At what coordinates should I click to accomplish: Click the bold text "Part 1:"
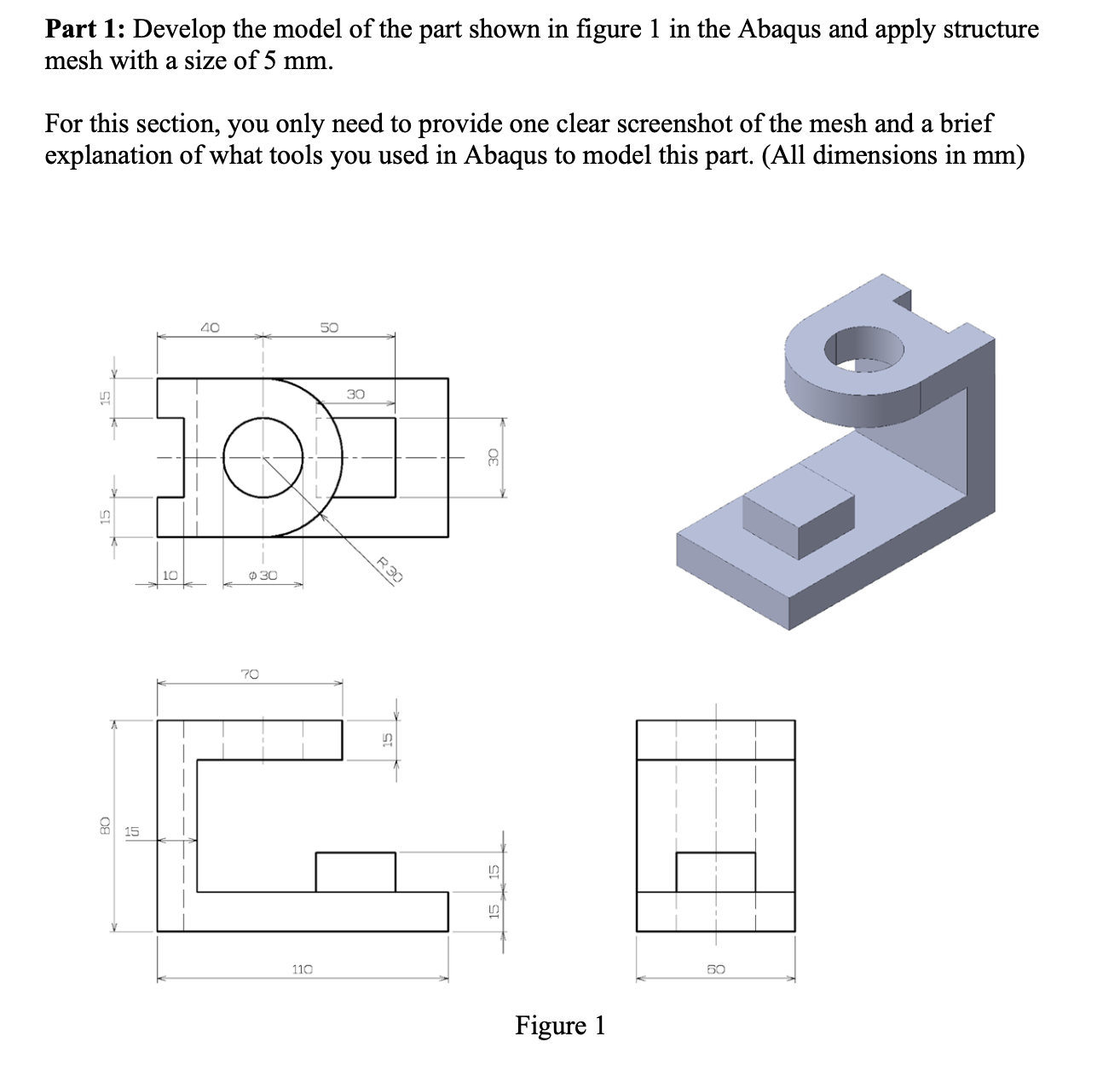(x=85, y=30)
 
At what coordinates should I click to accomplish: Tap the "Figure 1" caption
(x=560, y=1025)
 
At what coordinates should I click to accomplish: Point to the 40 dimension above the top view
(x=210, y=327)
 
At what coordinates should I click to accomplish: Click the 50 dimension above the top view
(x=329, y=327)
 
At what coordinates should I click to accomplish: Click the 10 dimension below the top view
(x=170, y=576)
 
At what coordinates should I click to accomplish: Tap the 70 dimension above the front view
(x=249, y=674)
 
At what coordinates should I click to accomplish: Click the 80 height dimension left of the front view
(x=105, y=825)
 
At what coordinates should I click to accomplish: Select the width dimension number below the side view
(x=715, y=969)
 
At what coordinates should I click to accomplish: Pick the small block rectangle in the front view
(x=355, y=871)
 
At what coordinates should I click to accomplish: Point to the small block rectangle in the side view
(x=715, y=871)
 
